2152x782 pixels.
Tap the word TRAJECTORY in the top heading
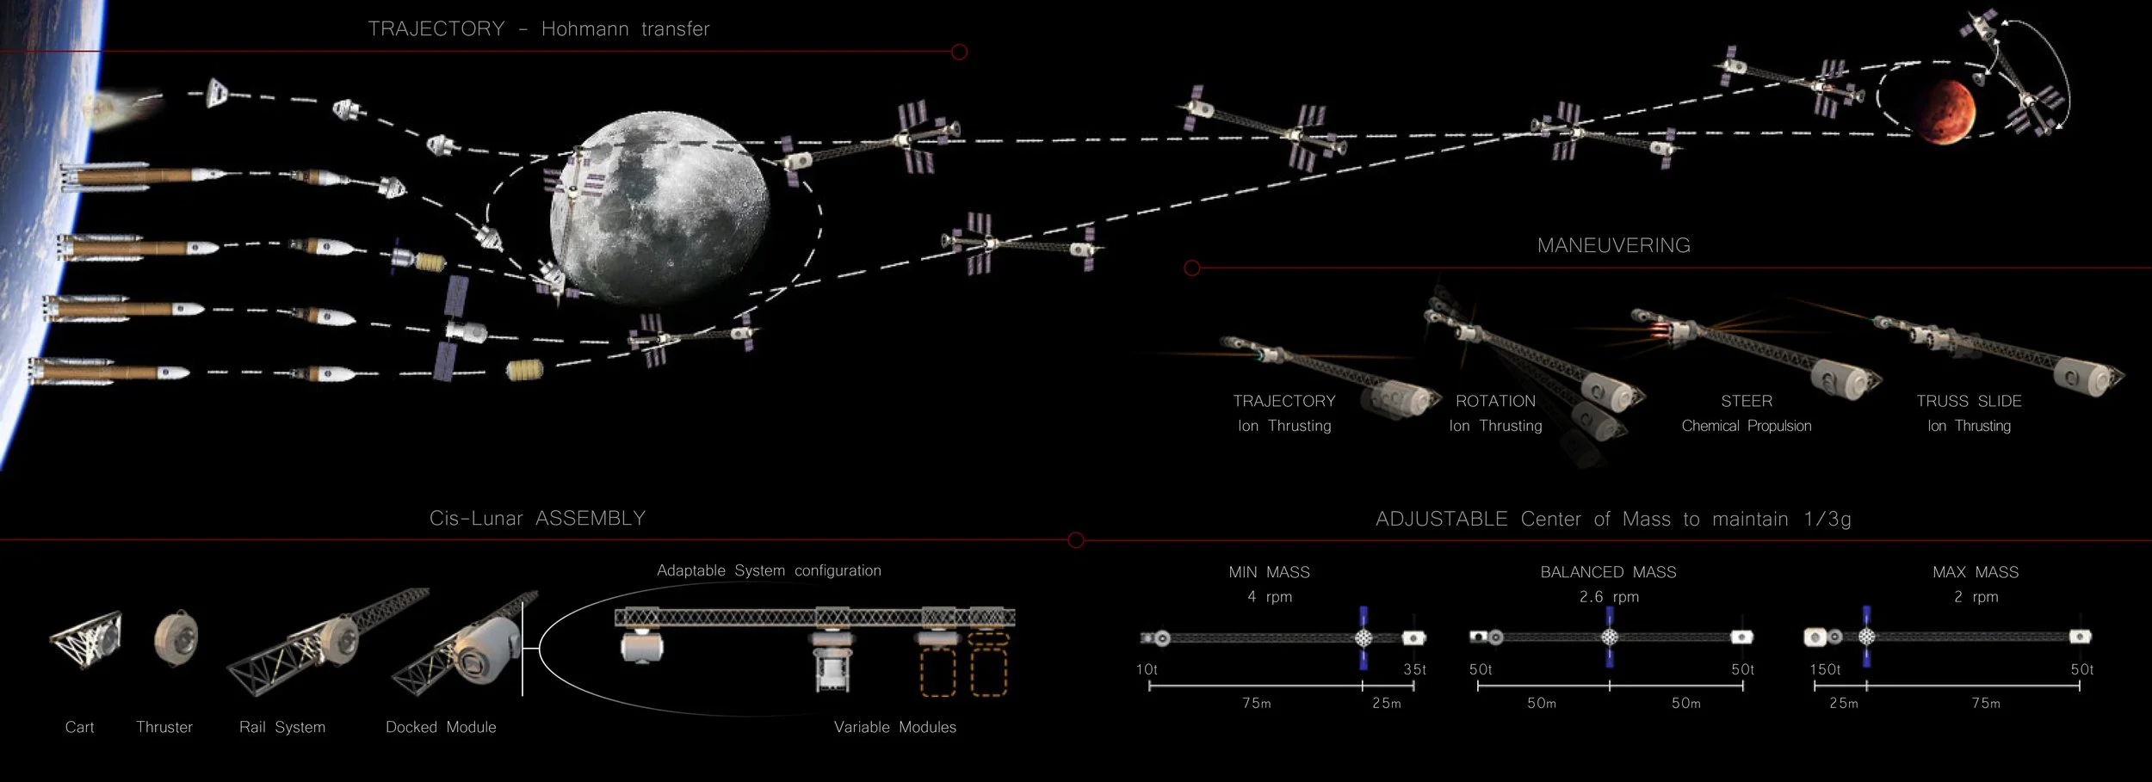click(x=436, y=28)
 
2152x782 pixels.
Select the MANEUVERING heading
click(x=1613, y=245)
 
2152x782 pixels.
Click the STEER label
click(x=1746, y=401)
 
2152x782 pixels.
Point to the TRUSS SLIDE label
click(x=1969, y=401)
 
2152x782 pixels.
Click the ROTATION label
click(x=1495, y=401)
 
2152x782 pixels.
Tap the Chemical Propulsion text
click(x=1746, y=426)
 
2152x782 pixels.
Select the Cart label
click(x=79, y=727)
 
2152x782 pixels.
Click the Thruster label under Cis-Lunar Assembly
click(x=164, y=727)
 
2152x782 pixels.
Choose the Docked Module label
click(x=441, y=727)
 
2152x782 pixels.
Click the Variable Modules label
click(x=894, y=727)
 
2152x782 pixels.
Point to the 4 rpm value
click(x=1269, y=596)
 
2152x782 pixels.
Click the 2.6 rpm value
click(x=1608, y=596)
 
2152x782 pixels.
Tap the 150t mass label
click(x=1825, y=669)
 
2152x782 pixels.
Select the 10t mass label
click(x=1147, y=669)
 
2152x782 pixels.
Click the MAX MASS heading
click(x=1975, y=572)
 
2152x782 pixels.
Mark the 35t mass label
click(x=1414, y=669)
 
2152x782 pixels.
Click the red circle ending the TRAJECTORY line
click(x=959, y=52)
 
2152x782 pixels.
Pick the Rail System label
click(x=282, y=727)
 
